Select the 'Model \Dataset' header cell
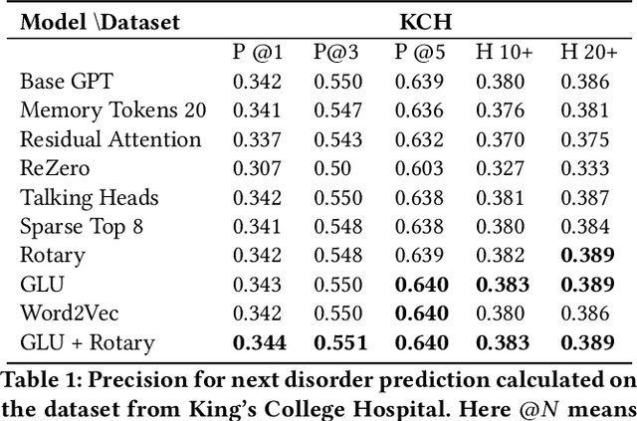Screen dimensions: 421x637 (100, 20)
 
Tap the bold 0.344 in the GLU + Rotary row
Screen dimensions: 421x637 (259, 343)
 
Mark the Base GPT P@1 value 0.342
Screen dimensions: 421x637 (258, 82)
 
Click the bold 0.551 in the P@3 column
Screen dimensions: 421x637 (339, 343)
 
